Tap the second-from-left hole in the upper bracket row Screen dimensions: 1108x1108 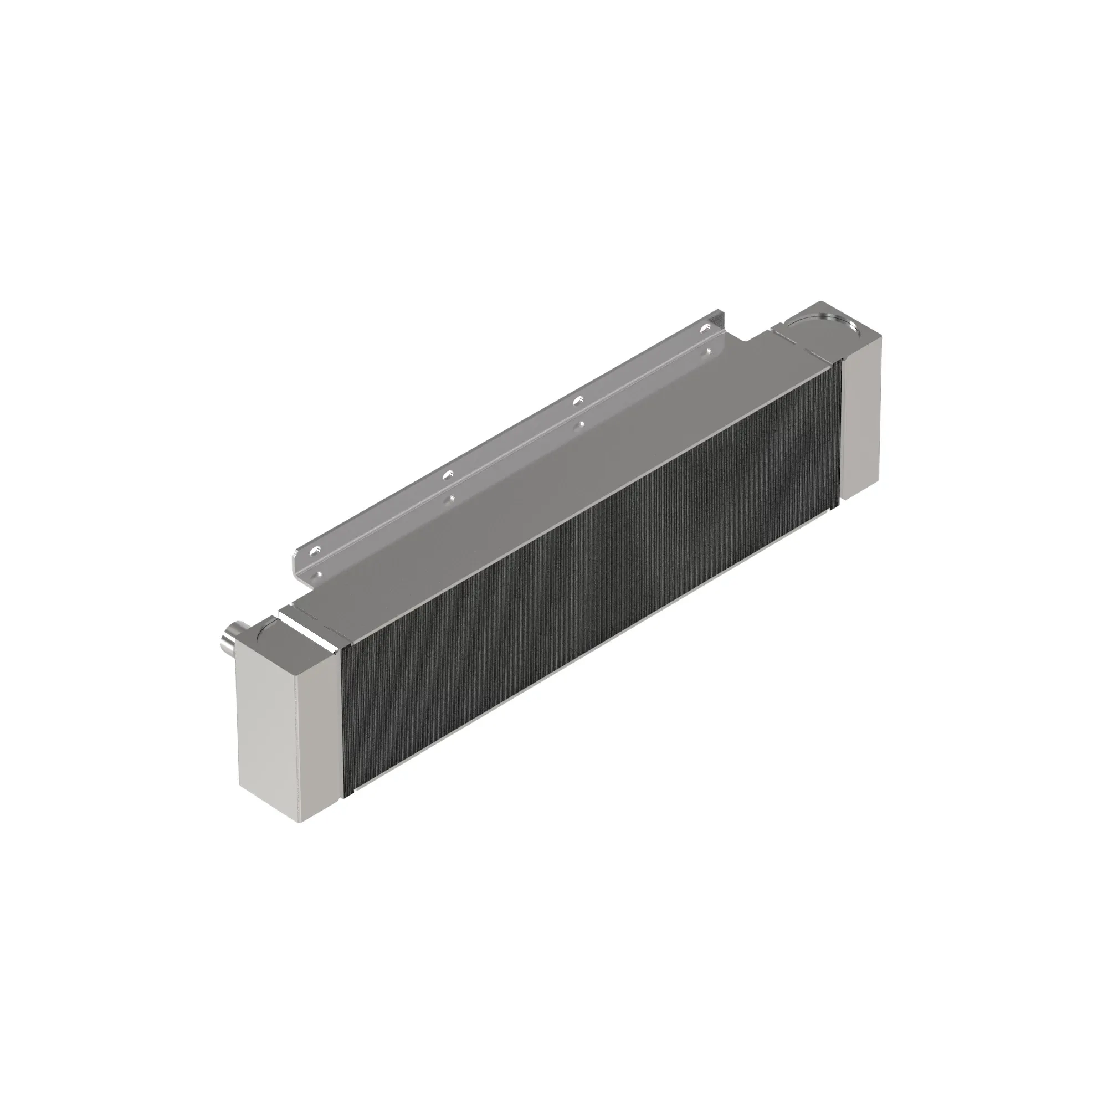click(448, 474)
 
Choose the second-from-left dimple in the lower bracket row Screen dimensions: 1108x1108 click(453, 498)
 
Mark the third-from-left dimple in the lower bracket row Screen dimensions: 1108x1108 click(583, 424)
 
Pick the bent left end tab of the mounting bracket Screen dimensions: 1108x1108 click(297, 559)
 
